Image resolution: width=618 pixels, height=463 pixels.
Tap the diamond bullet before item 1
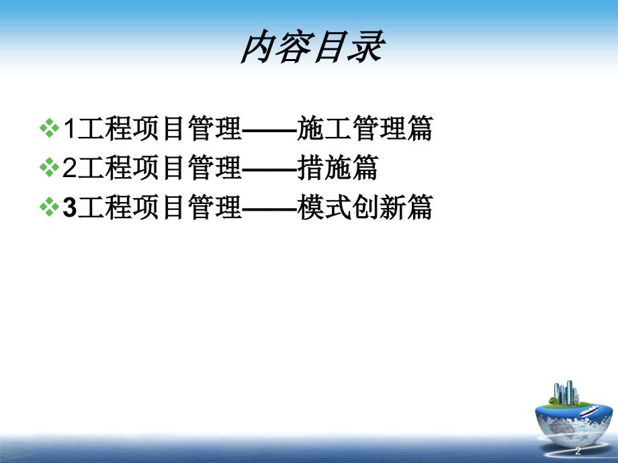(x=50, y=129)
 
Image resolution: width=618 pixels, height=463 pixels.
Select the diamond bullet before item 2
(x=50, y=168)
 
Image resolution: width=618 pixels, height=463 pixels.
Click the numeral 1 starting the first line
(x=69, y=130)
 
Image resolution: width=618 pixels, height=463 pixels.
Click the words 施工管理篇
(x=364, y=130)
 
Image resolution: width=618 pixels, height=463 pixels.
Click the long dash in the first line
(x=268, y=130)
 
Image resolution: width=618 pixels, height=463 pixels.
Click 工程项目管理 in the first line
(x=159, y=130)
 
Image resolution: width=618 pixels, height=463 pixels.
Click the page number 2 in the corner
(x=578, y=450)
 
